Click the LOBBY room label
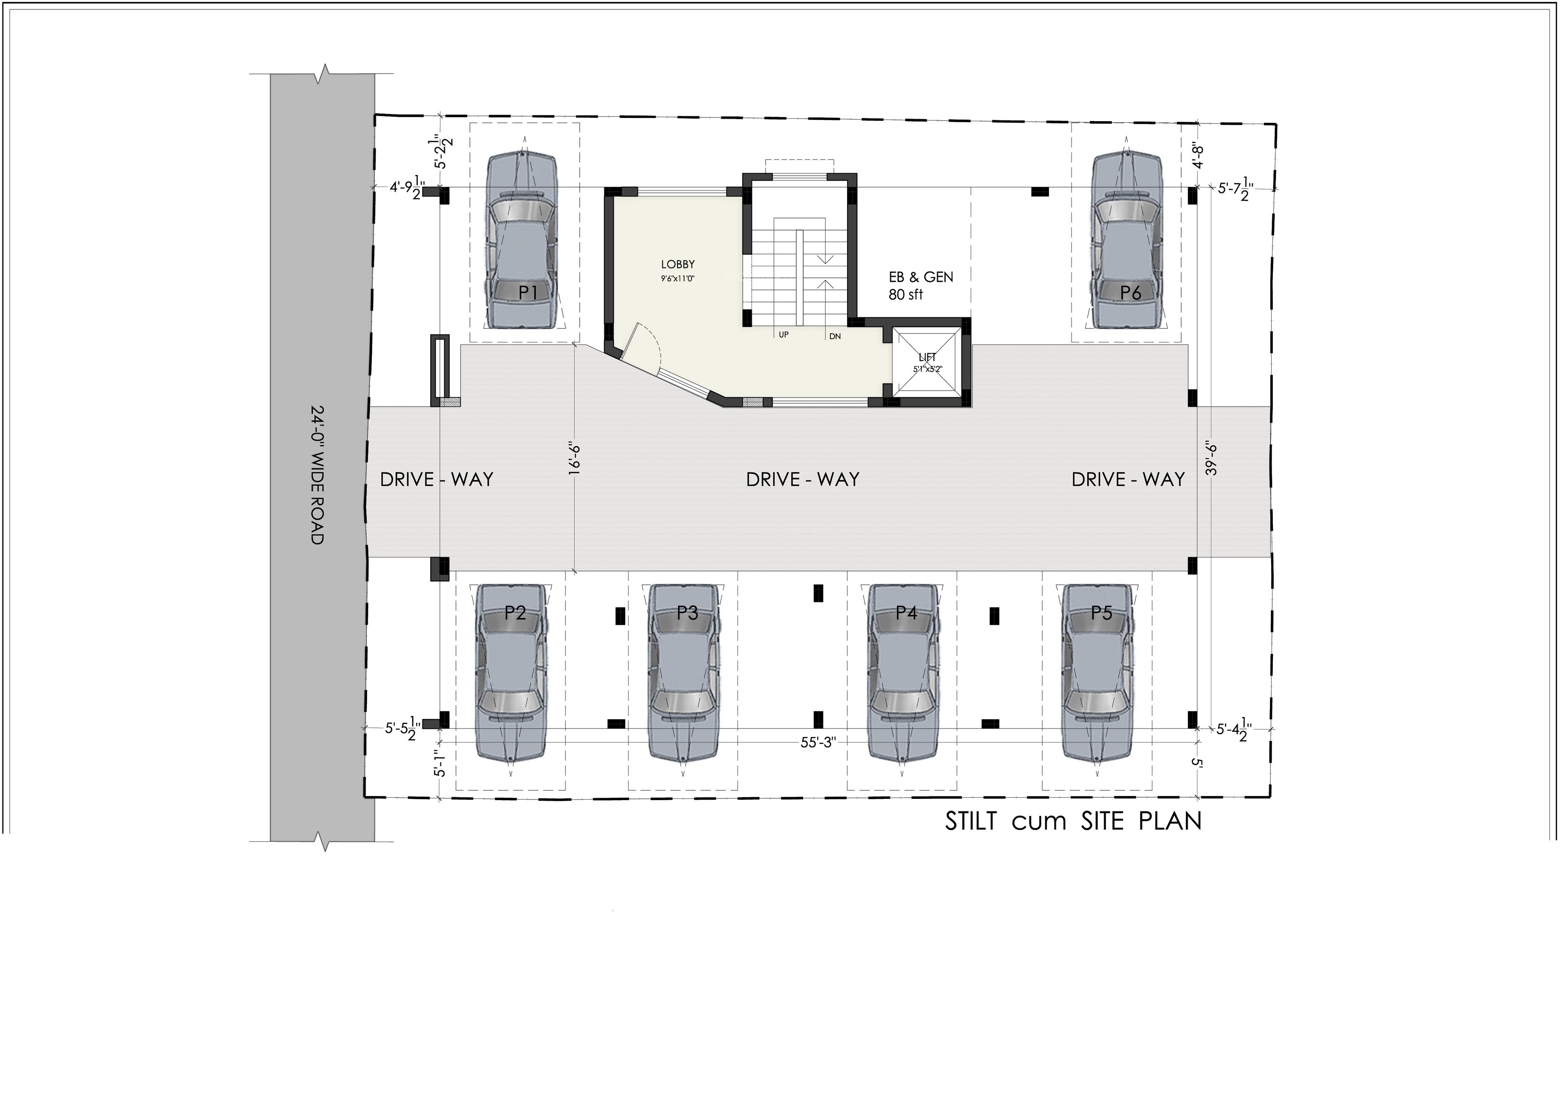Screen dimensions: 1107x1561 [678, 265]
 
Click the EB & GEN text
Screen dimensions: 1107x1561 [921, 277]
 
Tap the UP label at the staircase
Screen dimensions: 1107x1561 [784, 335]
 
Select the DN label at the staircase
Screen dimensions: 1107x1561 [835, 336]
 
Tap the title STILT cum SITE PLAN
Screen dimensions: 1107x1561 [1073, 821]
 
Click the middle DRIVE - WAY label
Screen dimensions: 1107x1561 [802, 479]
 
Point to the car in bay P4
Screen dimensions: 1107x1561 [902, 672]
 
